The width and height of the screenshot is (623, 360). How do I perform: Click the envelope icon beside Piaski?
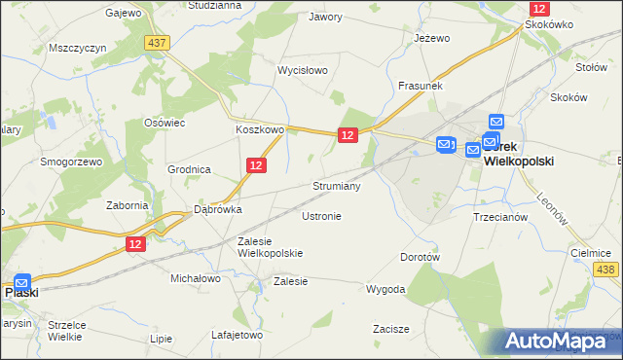pos(22,281)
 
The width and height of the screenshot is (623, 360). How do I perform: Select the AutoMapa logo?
pos(562,341)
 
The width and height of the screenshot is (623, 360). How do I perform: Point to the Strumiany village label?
pos(337,186)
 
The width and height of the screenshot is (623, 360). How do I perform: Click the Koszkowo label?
pos(259,129)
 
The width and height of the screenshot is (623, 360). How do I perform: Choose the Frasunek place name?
pos(421,86)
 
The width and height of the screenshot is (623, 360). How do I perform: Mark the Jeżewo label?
pos(431,38)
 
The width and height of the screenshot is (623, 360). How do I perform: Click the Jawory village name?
pos(326,17)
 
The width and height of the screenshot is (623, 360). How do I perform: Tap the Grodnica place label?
pos(189,168)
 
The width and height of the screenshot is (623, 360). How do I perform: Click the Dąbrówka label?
pos(217,208)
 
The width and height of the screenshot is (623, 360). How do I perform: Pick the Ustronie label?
pos(321,216)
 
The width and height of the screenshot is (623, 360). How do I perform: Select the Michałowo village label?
pos(196,278)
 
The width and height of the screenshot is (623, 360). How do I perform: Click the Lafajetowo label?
pos(238,335)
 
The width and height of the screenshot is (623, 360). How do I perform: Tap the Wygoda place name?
pos(385,289)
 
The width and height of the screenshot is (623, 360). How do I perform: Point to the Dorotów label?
pos(421,257)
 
